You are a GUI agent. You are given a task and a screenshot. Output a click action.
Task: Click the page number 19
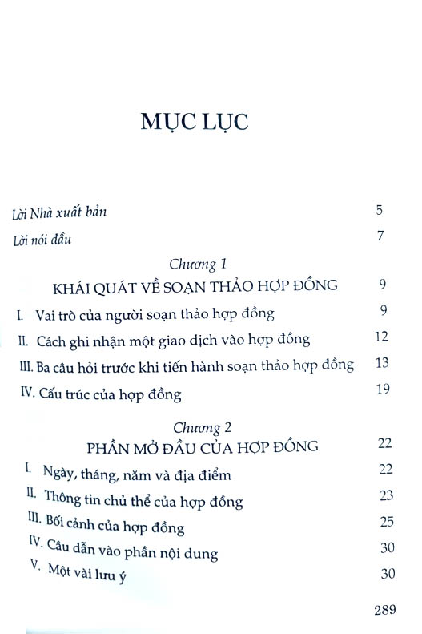tap(381, 390)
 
